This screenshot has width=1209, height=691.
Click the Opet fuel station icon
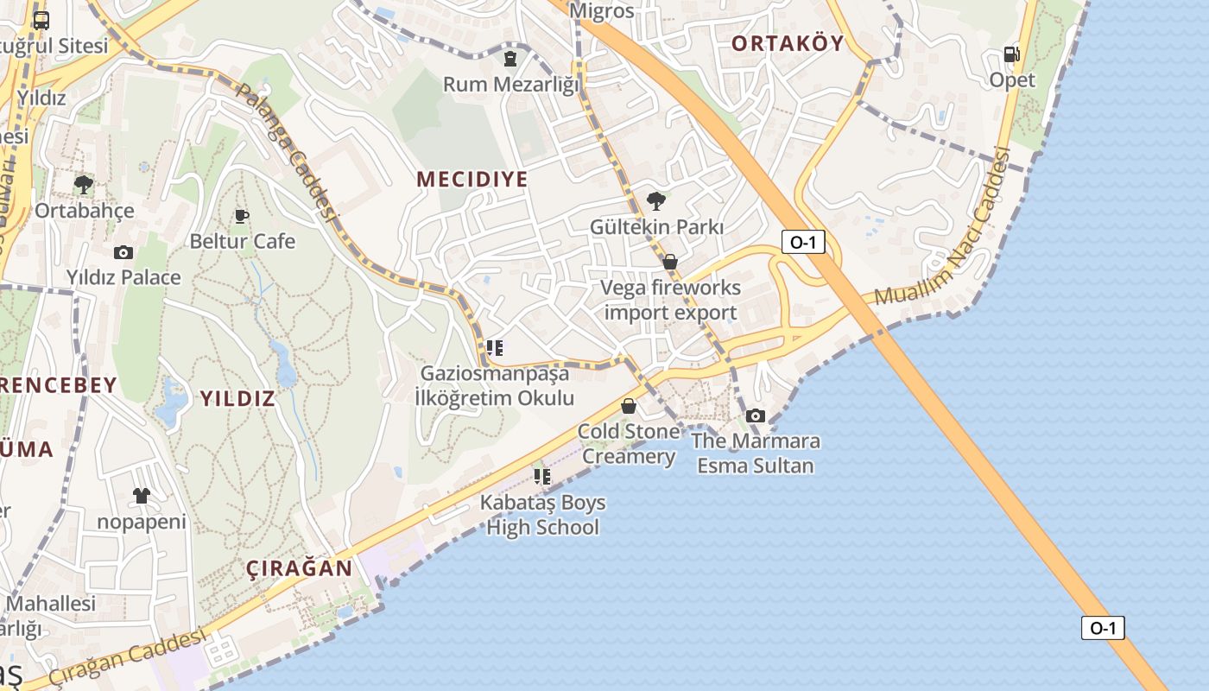coord(1011,54)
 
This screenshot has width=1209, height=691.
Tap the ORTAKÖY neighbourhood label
coord(787,43)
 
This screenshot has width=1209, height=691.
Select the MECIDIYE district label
coord(472,179)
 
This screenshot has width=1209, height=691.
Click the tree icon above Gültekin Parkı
coord(656,201)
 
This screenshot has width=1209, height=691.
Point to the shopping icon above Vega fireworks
coord(669,262)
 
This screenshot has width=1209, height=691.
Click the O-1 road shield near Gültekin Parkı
coord(802,242)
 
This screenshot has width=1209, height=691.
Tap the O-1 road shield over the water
coord(1103,628)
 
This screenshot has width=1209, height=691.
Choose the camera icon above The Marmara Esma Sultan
coord(756,415)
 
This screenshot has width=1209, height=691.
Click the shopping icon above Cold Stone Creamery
coord(629,406)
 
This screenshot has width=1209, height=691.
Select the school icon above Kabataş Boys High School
coord(542,476)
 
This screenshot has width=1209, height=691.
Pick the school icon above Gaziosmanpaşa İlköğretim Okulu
coord(494,348)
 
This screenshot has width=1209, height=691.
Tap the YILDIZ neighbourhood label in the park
coord(237,398)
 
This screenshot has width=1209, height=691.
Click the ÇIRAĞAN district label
coord(300,568)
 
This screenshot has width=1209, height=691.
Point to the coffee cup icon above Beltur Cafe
coord(242,215)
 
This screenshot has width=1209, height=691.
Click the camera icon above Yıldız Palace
coord(123,252)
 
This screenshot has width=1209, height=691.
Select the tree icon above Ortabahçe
coord(84,184)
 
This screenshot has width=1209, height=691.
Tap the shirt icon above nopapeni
coord(142,496)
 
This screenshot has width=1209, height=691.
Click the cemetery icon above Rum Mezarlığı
coord(510,59)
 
